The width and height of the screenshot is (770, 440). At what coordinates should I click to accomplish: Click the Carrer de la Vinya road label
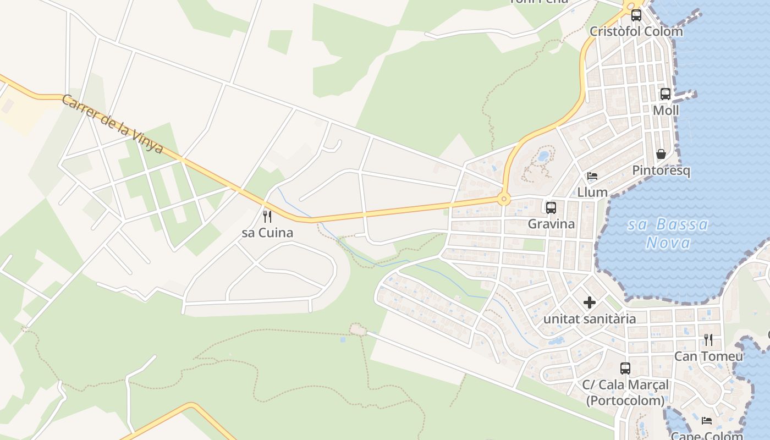112,124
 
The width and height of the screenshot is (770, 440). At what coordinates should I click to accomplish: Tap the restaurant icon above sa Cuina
267,216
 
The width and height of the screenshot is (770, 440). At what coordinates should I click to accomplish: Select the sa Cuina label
267,233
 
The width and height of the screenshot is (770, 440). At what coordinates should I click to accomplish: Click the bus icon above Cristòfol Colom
636,15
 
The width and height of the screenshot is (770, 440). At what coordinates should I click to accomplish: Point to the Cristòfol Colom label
636,31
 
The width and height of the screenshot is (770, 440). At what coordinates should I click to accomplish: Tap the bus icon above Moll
665,94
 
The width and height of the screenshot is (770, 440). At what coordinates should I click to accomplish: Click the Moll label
665,111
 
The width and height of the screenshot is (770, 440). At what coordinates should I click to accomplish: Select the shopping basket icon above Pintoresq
661,154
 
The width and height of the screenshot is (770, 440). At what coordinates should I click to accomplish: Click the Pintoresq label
661,170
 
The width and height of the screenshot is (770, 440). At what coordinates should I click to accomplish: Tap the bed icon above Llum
592,176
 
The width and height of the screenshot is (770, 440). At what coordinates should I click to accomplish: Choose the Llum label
592,193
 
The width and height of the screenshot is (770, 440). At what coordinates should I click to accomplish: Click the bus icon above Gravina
551,208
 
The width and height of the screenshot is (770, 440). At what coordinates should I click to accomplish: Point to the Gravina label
551,224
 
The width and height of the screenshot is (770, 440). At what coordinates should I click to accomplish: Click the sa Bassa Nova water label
668,233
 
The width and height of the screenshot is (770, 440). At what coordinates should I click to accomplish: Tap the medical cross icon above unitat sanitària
590,302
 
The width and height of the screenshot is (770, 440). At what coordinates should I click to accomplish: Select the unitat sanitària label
590,319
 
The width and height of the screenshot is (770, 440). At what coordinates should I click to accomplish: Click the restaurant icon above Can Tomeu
708,340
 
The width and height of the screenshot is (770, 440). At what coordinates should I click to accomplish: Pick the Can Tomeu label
708,356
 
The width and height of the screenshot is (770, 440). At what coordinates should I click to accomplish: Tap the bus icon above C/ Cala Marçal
625,369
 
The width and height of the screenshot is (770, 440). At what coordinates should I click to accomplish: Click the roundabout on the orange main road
503,199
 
